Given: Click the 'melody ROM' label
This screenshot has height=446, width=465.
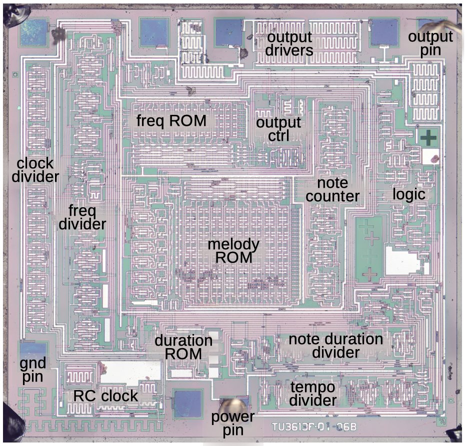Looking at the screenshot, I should coord(233,251).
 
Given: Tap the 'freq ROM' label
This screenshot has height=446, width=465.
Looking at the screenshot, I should coord(171,120).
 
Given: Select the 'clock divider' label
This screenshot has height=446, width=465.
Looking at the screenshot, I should coord(35,170).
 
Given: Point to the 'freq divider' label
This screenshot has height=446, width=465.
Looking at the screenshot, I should coord(82,217).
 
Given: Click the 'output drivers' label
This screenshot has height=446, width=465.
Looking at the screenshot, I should coord(289,44).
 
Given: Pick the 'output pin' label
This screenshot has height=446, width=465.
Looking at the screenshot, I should coord(430,44).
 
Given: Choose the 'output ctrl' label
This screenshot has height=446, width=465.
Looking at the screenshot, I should coord(278,129).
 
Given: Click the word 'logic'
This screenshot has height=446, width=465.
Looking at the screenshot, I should coord(408,194).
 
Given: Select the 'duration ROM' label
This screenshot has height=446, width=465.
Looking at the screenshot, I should coord(183,348).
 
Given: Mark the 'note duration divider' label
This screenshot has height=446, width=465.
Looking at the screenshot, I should coord(336,346).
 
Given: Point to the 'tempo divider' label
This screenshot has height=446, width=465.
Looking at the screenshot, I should coord(312,394).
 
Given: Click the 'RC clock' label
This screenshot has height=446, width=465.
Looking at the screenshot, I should coord(106,396).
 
